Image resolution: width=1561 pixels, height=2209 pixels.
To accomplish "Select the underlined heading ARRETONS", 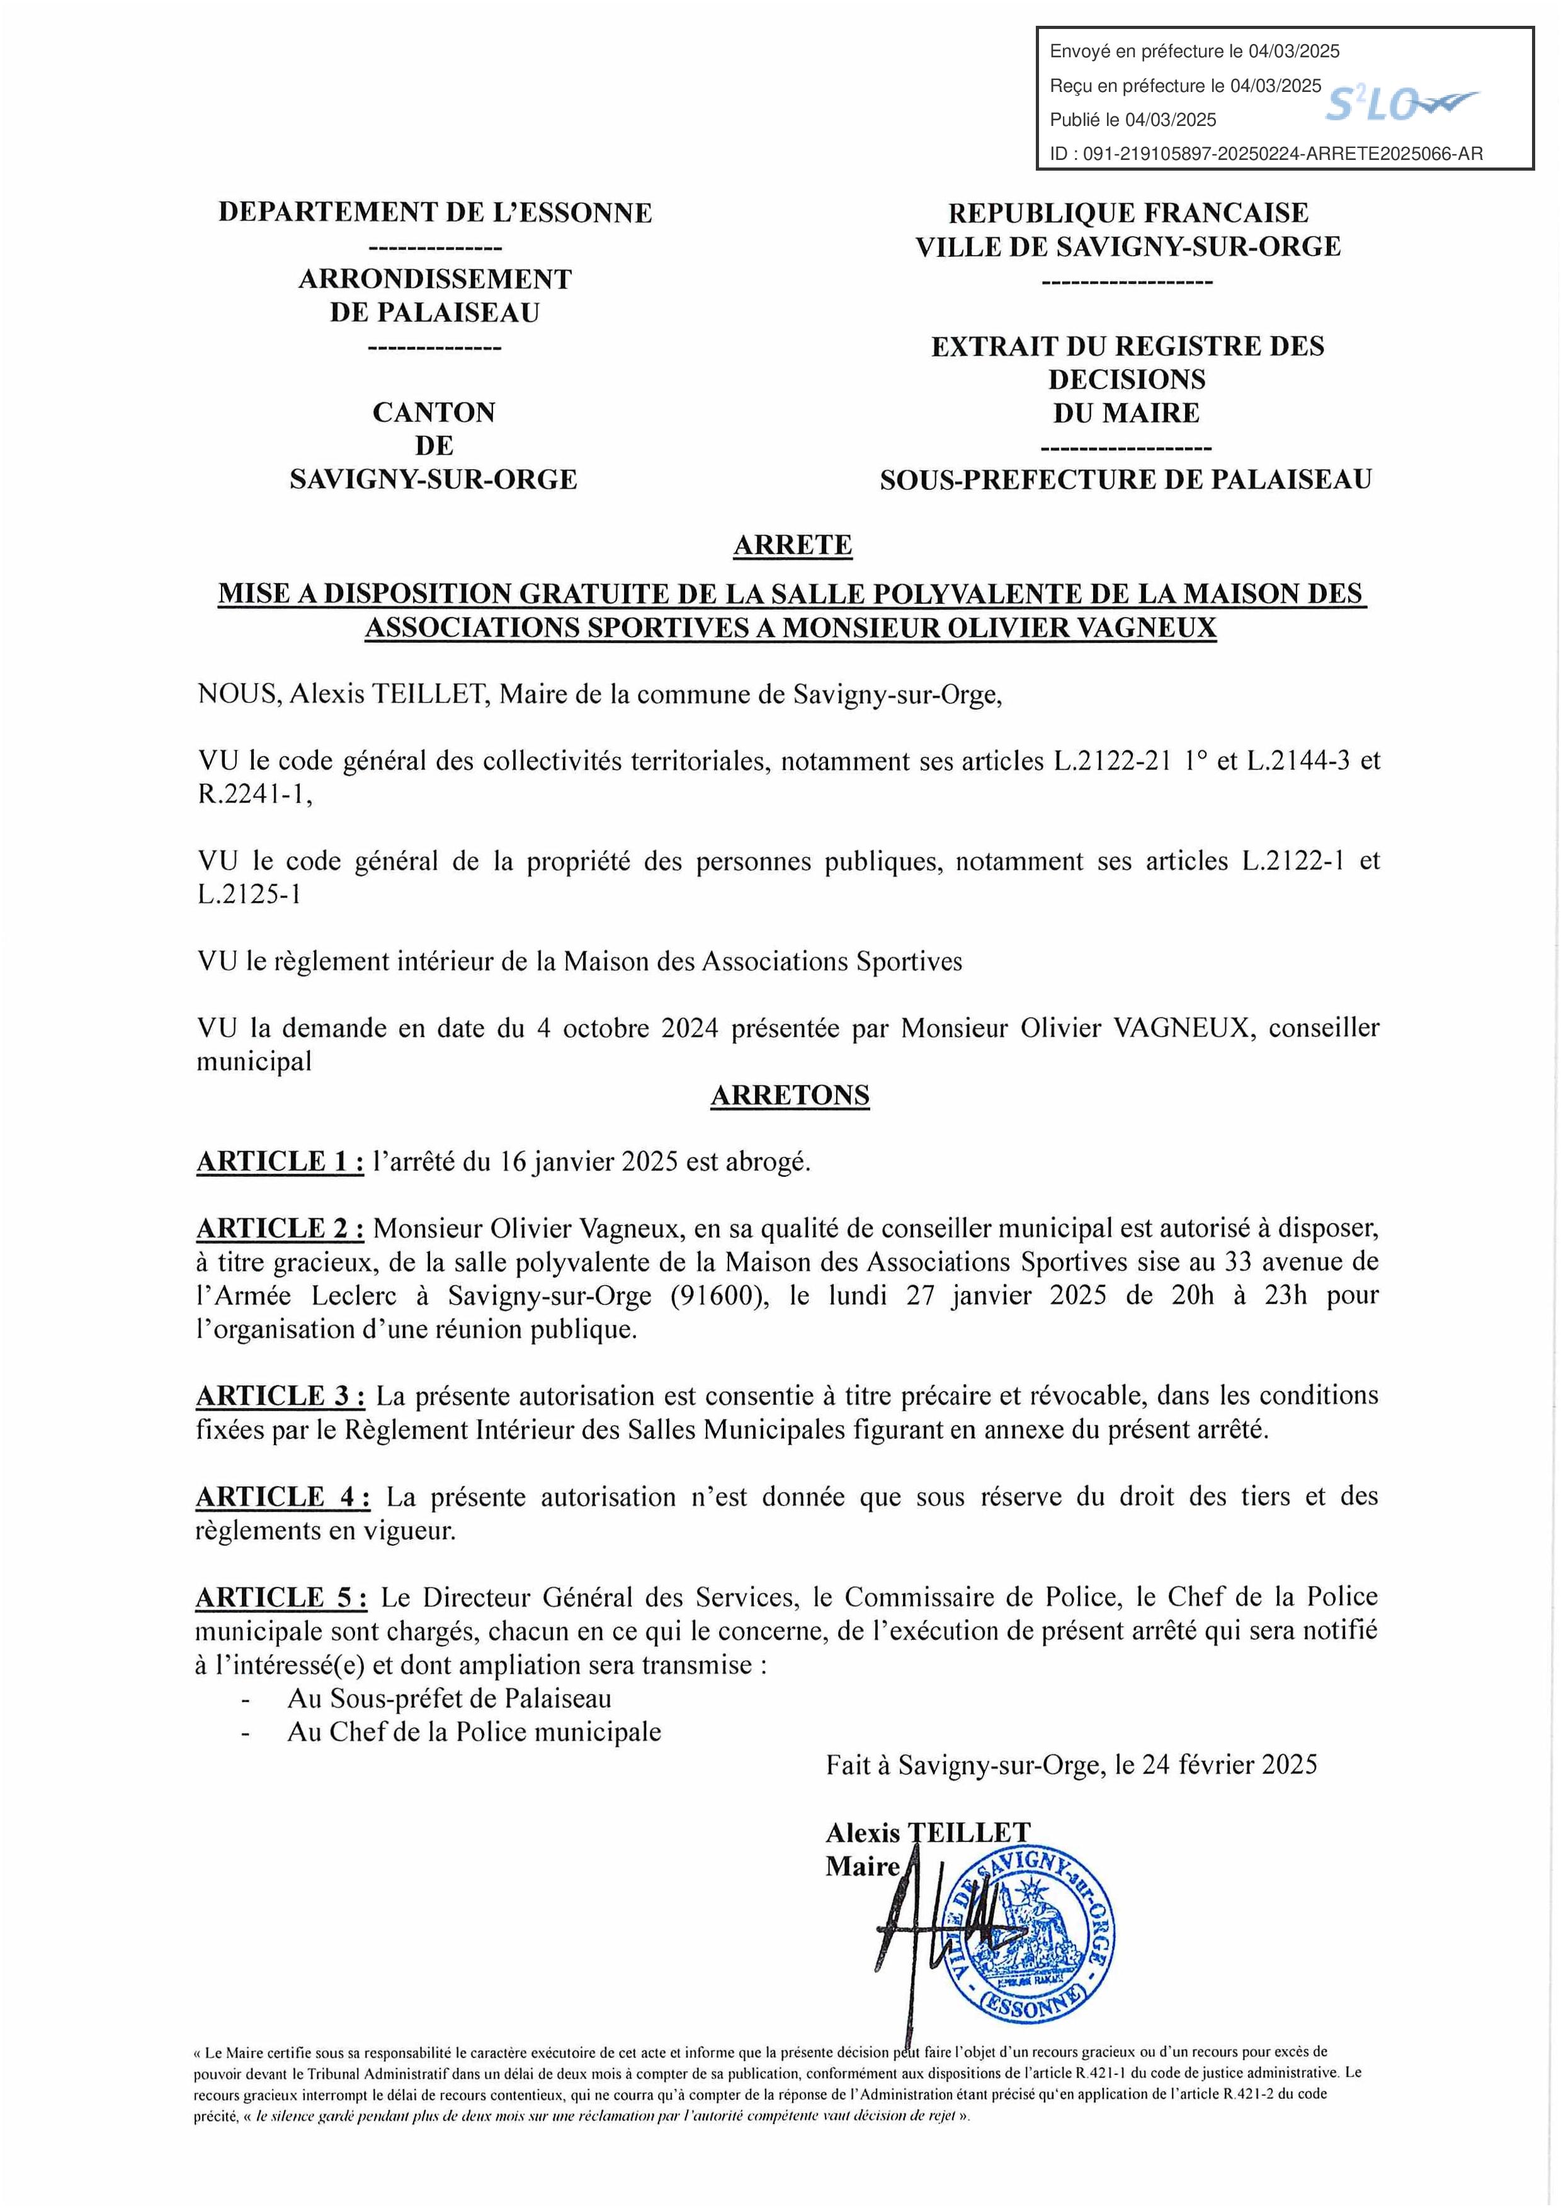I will click(x=790, y=1096).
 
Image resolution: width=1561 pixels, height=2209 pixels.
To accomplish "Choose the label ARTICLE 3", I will click(x=280, y=1396).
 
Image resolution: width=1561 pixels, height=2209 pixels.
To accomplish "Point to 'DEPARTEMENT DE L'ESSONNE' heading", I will click(x=434, y=213).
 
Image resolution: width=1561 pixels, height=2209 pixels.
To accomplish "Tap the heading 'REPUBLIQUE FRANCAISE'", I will click(x=1128, y=213).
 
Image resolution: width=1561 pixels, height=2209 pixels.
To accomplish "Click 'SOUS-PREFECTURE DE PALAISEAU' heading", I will click(x=1125, y=480).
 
